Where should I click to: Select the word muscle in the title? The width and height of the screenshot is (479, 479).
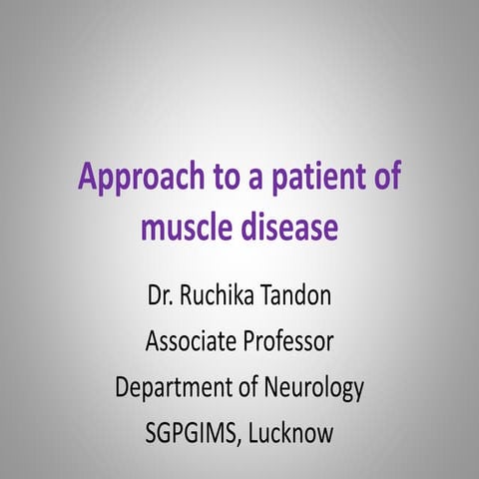tap(185, 227)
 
